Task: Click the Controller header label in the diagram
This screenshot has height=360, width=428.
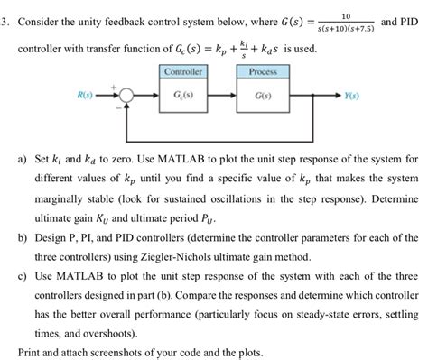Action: [x=181, y=71]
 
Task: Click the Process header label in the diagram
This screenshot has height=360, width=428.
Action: [x=263, y=71]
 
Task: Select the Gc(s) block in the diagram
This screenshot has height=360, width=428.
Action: [x=181, y=95]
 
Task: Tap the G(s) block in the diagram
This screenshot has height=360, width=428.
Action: [x=263, y=95]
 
